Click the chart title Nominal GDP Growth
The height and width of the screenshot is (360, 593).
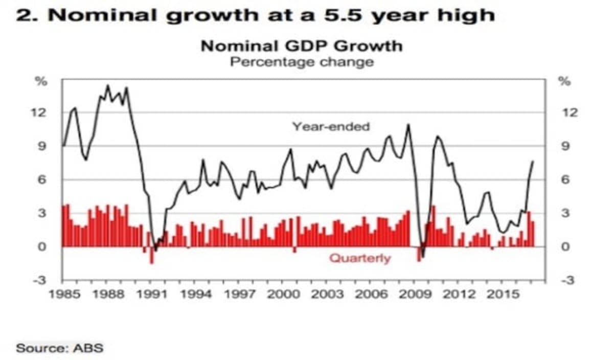pos(301,46)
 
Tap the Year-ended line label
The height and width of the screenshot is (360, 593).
pos(330,126)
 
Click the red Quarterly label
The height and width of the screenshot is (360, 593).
pos(359,258)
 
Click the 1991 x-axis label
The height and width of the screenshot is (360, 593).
pos(153,295)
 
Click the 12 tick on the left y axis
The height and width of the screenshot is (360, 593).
pos(41,112)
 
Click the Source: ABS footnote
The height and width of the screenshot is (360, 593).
pos(59,348)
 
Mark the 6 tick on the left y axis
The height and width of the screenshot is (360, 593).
pos(43,179)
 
